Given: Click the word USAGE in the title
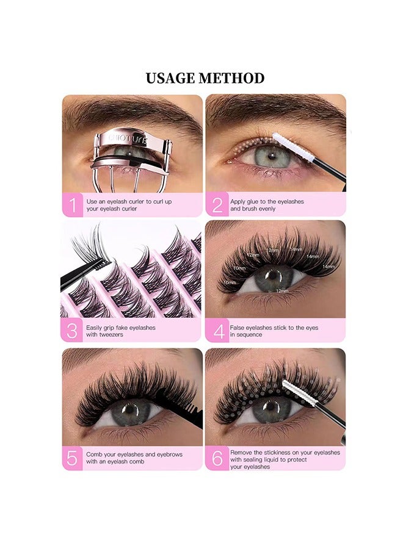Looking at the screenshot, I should click(x=170, y=78).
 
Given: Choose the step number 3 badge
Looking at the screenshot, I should click(x=73, y=331).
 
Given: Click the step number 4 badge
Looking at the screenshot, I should click(x=216, y=331).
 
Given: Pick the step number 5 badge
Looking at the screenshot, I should click(x=73, y=458).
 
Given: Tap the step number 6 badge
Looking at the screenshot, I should click(x=216, y=458).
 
